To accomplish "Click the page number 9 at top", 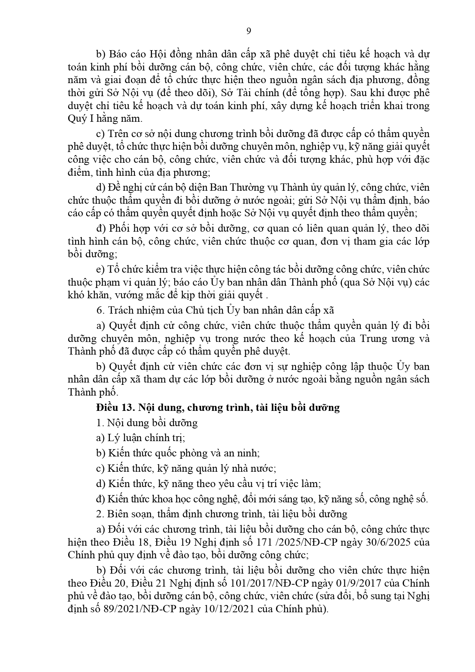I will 248,31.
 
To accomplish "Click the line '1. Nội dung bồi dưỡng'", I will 147,423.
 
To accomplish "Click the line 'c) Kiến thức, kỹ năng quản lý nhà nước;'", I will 186,468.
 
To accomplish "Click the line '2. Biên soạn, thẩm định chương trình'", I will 222,514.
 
